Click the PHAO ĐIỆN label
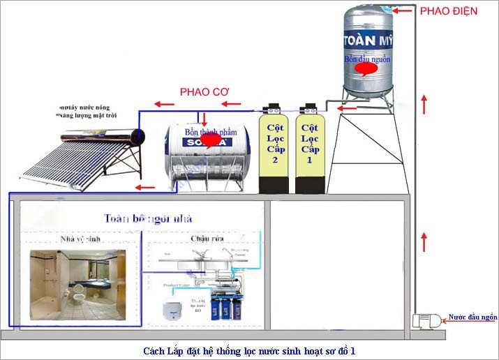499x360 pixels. coord(449,11)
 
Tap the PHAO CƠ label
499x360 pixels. coord(204,91)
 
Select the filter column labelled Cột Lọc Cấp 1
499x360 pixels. coord(310,151)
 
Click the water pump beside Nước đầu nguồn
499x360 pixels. coord(426,321)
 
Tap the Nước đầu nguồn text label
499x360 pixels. coord(472,317)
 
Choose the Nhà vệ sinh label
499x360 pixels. coord(81,239)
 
